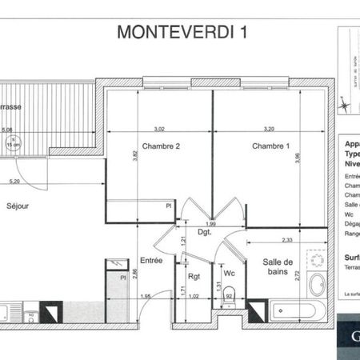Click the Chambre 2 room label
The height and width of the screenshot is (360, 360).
[x=160, y=146]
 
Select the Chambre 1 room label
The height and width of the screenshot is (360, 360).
[x=270, y=146]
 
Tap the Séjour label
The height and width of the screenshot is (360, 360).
[x=18, y=206]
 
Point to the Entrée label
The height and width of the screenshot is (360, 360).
[x=151, y=260]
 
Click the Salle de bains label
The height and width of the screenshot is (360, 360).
[x=279, y=268]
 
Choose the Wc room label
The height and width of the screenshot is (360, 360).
[x=229, y=274]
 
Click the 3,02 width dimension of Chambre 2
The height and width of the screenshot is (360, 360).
[x=159, y=128]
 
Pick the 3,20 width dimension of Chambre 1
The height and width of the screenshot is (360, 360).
[x=268, y=128]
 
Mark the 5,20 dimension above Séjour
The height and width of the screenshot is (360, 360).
[x=14, y=182]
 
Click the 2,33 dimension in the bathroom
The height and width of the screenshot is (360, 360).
[x=286, y=239]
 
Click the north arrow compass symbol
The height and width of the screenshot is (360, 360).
[x=344, y=102]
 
